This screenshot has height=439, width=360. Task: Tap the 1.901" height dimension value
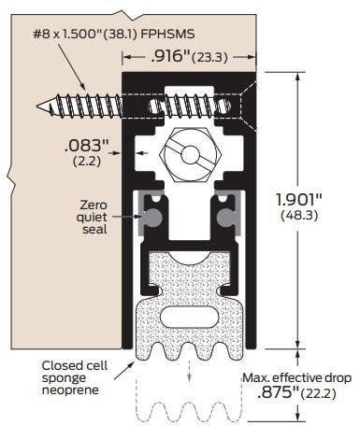coord(305,199)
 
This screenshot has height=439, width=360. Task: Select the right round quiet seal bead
coord(223,215)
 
